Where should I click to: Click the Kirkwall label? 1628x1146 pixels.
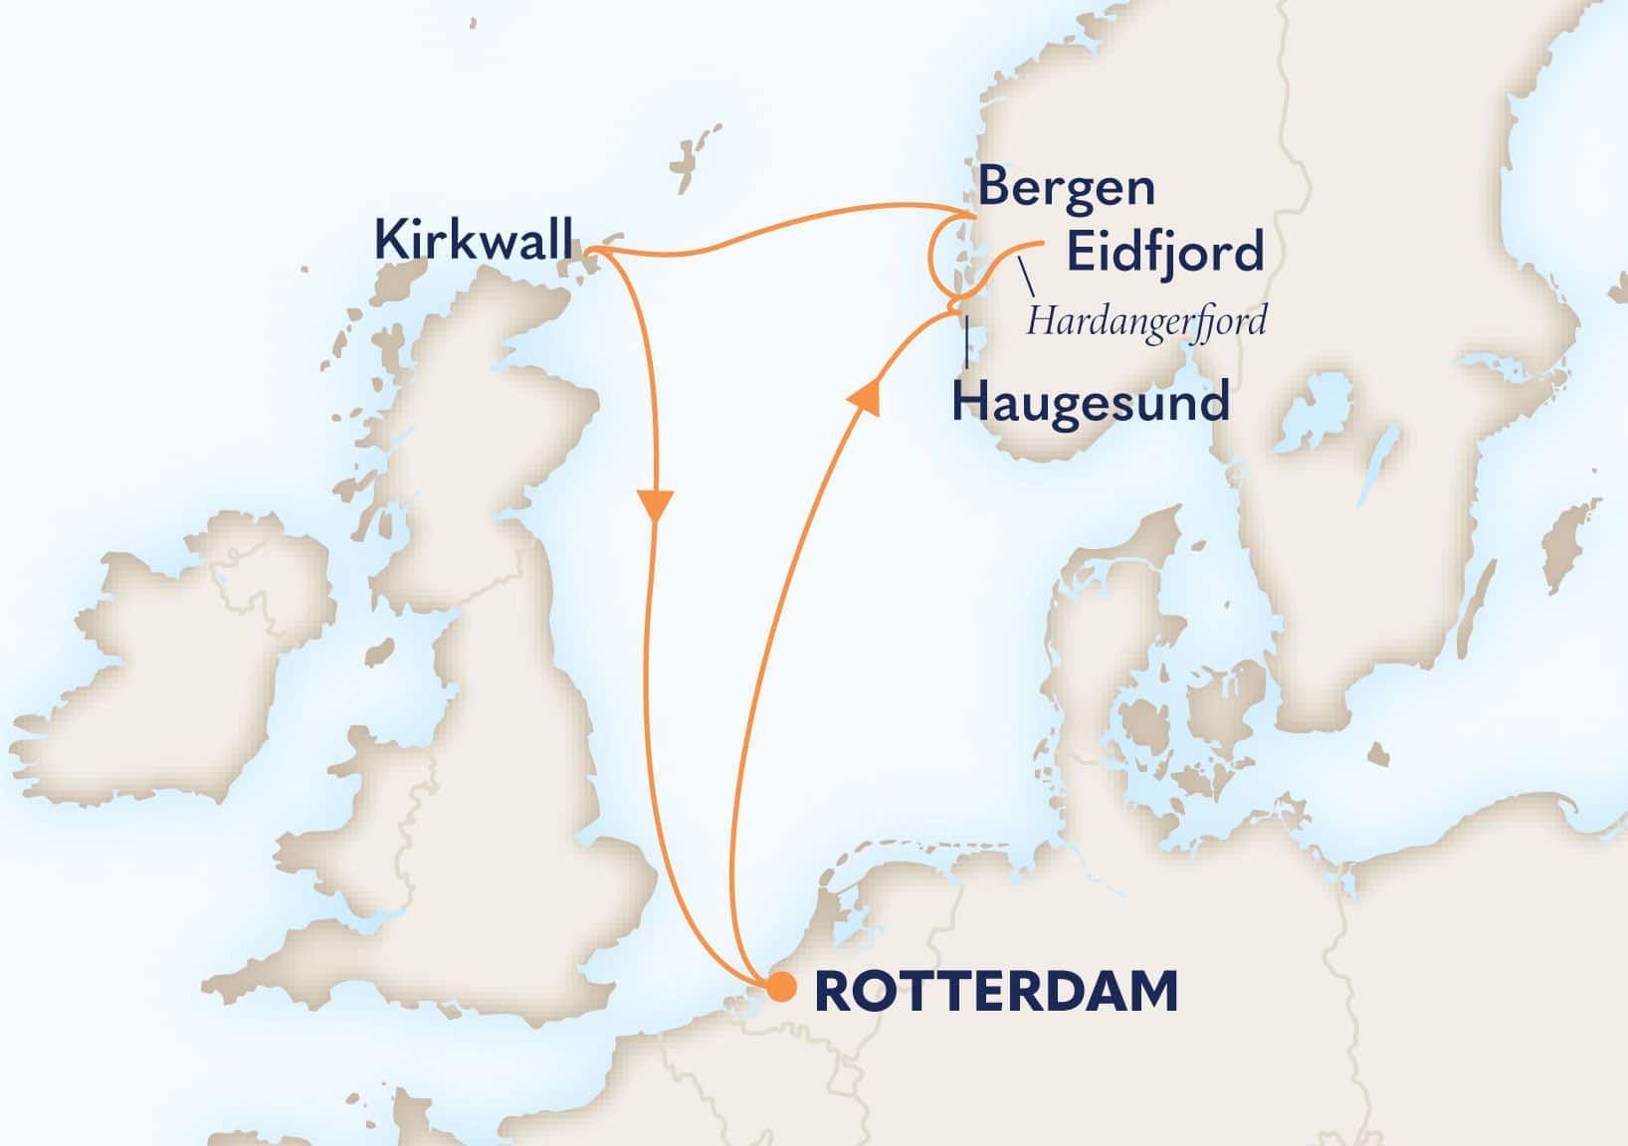[x=474, y=241]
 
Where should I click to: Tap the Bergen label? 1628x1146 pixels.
[x=1066, y=188]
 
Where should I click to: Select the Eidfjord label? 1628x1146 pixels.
[x=1165, y=252]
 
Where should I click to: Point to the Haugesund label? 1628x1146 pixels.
[x=1091, y=403]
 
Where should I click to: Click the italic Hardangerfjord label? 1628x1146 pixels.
[x=1146, y=322]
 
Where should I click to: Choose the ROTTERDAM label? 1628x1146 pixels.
[x=996, y=992]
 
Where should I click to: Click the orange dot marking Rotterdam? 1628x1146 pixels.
[x=781, y=988]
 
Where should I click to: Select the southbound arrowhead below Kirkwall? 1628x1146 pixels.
[x=657, y=505]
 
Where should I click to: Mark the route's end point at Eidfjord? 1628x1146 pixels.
[x=1041, y=244]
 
